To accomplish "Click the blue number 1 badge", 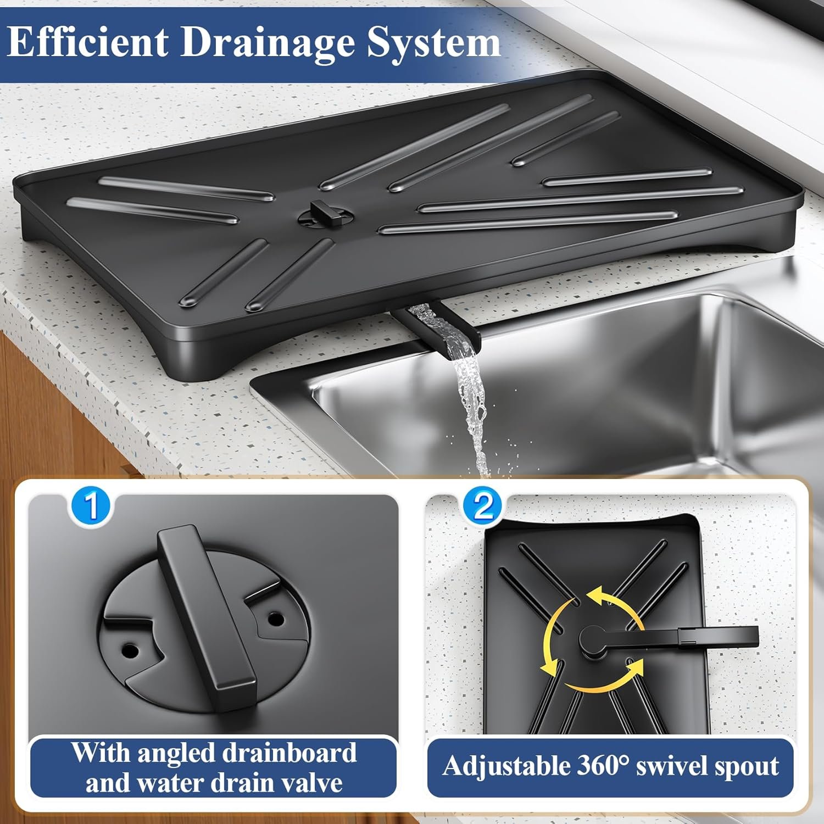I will (91, 506).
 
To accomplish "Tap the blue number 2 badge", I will (483, 506).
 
